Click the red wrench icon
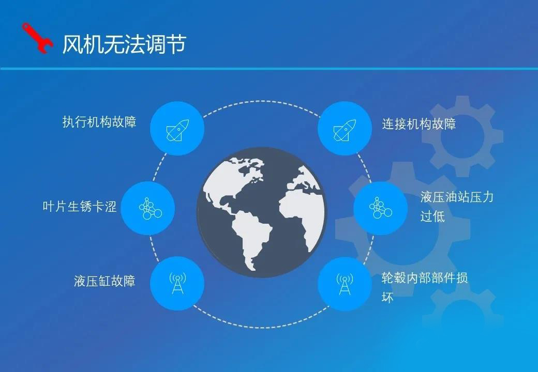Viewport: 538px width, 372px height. coord(37,38)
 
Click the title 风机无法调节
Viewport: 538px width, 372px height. coord(124,44)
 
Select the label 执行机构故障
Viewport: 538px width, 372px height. coord(99,121)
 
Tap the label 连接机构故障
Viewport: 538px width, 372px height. coord(419,123)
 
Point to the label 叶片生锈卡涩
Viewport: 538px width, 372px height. coord(80,207)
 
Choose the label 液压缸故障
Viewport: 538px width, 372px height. coord(104,281)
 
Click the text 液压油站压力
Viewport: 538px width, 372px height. coord(457,197)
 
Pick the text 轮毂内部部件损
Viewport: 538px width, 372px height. coord(425,278)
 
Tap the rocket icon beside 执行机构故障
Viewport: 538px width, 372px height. coord(177,130)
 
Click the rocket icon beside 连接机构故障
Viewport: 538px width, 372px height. coord(345,130)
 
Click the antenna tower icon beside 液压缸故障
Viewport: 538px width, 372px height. coord(177,283)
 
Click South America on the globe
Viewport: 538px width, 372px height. coord(251,236)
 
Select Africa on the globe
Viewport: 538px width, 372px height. coord(299,212)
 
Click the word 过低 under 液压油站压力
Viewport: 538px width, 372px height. coord(432,216)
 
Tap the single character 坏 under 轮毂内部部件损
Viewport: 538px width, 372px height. coord(387,297)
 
